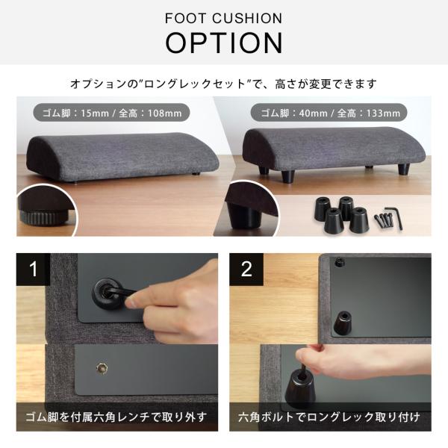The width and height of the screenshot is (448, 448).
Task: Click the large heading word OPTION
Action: tap(224, 43)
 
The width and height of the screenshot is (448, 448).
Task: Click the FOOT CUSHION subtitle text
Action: tap(224, 17)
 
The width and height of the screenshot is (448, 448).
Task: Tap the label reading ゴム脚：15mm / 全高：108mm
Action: tap(111, 113)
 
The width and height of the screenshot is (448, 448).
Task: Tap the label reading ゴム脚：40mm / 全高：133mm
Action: tap(329, 113)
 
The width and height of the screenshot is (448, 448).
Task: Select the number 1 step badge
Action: tap(34, 270)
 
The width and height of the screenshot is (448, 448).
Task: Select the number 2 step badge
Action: tap(246, 270)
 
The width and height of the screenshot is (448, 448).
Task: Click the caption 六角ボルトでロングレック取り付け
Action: tap(329, 416)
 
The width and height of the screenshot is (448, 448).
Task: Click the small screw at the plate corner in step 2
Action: tap(337, 262)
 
